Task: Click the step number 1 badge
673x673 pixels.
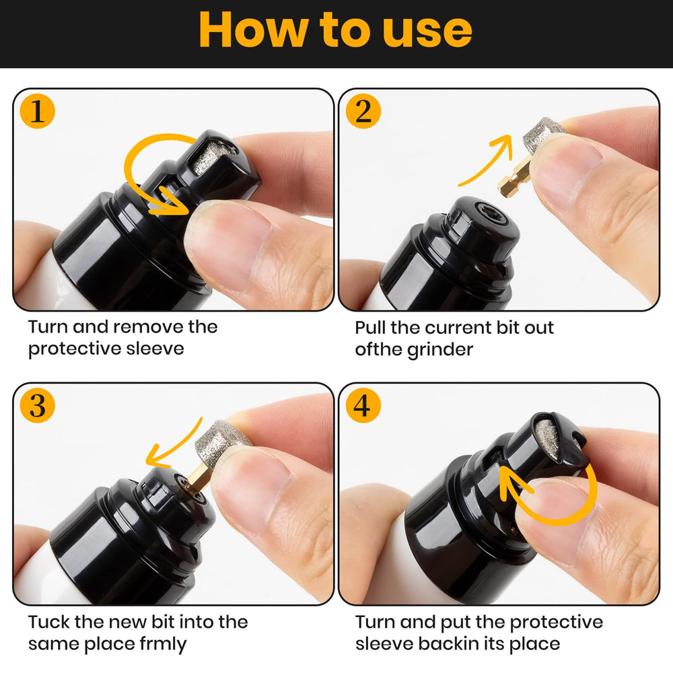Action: [37, 112]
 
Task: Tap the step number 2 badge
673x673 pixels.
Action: [363, 112]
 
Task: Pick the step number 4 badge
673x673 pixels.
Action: [363, 406]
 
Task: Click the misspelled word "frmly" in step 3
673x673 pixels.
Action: [162, 644]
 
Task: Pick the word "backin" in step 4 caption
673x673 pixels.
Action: [458, 644]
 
